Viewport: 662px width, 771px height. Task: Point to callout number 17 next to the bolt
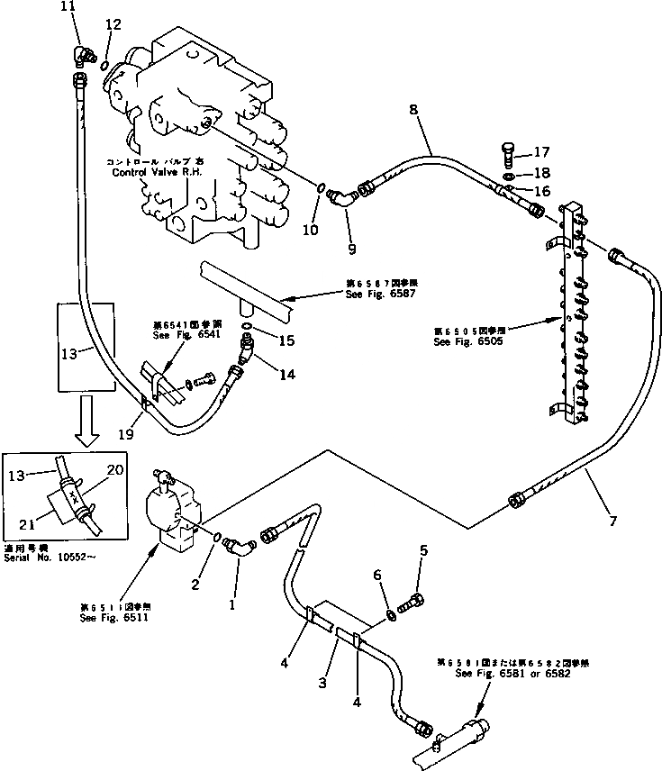540,152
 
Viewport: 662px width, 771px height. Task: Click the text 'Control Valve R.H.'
155,172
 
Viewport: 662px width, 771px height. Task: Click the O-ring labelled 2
218,538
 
